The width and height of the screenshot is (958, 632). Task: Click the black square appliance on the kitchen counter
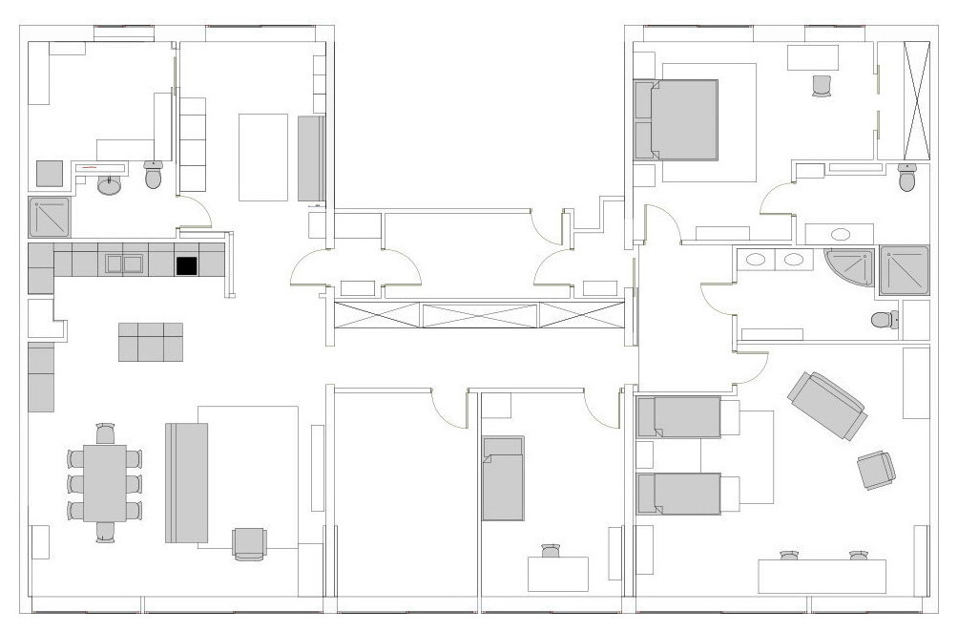click(186, 265)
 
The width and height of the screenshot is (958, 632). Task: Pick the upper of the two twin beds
click(679, 417)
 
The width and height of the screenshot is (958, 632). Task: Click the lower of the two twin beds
click(679, 493)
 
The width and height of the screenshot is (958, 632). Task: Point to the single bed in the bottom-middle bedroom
click(503, 478)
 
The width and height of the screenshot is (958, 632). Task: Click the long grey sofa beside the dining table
click(187, 483)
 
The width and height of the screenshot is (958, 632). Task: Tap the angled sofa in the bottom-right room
click(826, 406)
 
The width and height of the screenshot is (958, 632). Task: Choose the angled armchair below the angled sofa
click(876, 470)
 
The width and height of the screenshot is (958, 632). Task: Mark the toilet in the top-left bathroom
click(154, 175)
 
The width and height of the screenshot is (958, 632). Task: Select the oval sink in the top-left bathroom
click(111, 185)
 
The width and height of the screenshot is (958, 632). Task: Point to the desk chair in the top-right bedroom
click(823, 86)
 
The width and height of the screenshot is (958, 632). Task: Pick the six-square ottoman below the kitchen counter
click(151, 342)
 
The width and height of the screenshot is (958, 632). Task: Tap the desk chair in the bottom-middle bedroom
click(551, 551)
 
